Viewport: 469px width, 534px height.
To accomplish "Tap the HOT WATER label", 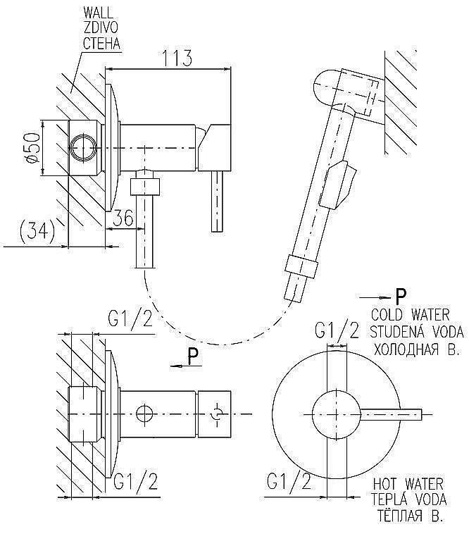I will tap(408, 484).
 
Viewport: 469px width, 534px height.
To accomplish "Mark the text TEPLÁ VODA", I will tap(408, 500).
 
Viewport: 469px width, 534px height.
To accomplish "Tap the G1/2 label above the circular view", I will tap(336, 330).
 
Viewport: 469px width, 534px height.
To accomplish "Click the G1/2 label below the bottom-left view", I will tap(135, 481).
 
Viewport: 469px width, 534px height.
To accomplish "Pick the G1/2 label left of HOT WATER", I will tap(289, 482).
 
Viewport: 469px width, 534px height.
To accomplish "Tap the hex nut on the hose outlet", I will tap(146, 187).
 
